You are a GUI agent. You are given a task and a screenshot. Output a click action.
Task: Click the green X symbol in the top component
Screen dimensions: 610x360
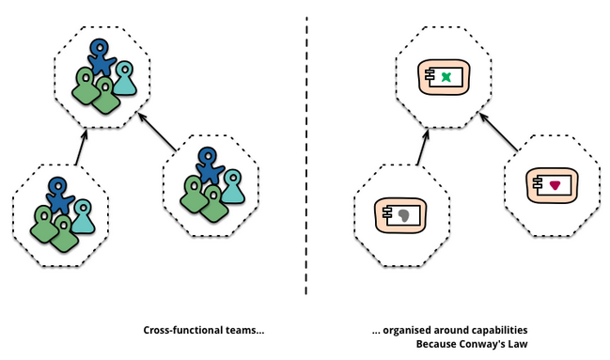[446, 77]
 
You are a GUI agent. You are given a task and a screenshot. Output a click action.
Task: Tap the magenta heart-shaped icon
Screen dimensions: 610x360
[555, 185]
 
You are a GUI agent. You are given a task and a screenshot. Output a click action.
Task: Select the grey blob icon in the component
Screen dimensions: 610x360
[404, 215]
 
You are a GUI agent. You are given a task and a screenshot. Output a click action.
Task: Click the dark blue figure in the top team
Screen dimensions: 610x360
[102, 56]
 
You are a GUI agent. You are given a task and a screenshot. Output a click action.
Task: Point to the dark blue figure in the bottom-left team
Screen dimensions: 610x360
[59, 196]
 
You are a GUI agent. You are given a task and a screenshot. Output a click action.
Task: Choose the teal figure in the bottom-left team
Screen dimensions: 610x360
[83, 217]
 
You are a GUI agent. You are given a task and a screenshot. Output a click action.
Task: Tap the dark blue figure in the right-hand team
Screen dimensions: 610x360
[210, 164]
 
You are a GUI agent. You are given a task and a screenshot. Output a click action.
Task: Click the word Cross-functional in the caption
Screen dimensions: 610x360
[183, 331]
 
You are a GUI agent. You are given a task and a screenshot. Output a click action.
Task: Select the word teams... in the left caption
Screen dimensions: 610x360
[244, 331]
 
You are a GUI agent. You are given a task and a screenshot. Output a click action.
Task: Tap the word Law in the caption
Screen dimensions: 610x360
[520, 344]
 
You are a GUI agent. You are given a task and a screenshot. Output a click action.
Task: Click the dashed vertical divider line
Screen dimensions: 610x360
[306, 156]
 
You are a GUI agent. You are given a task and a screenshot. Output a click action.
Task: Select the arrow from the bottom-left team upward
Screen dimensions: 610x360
[81, 148]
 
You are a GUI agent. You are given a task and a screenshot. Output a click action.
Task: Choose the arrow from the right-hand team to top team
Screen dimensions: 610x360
[157, 132]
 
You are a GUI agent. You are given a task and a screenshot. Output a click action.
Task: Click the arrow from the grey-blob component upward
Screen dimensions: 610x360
[422, 148]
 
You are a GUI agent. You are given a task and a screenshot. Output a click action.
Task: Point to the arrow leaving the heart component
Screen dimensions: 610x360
[499, 132]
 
